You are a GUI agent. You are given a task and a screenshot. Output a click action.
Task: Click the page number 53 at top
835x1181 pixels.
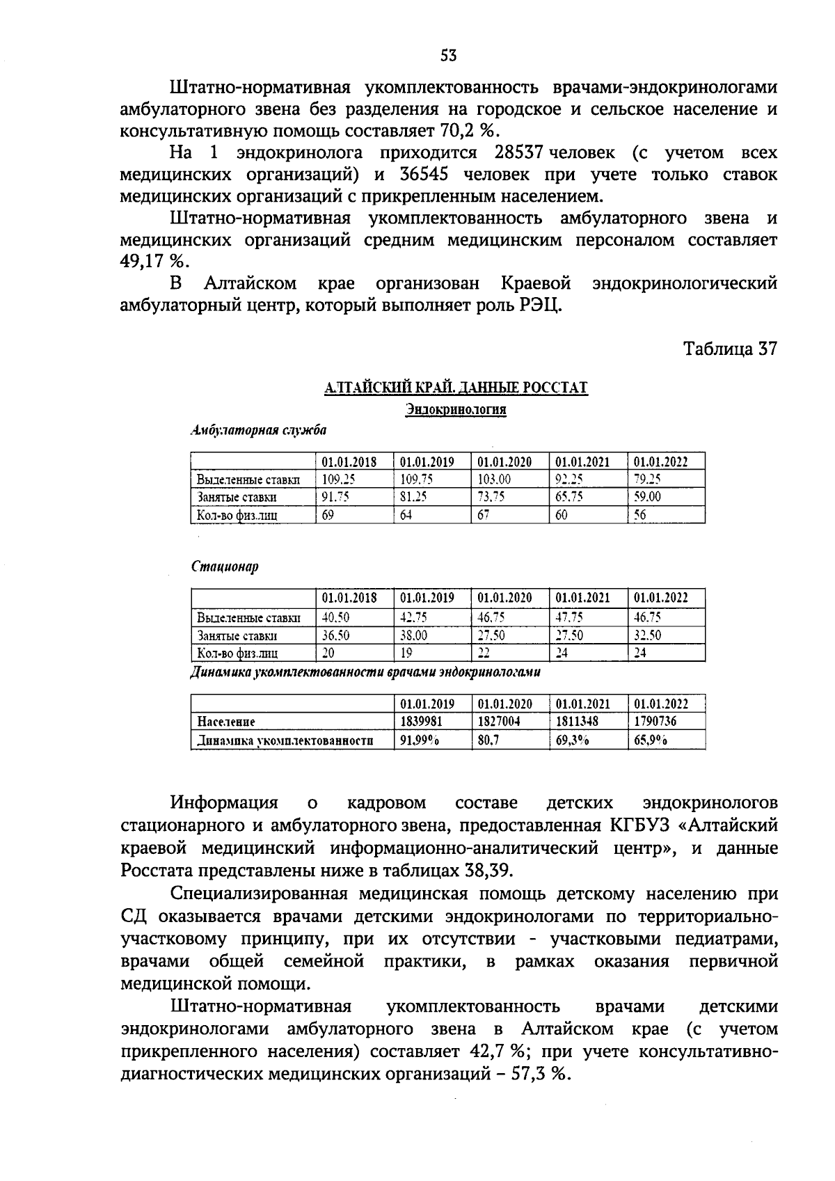coord(448,56)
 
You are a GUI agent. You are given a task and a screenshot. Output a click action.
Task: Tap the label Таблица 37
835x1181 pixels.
coord(730,349)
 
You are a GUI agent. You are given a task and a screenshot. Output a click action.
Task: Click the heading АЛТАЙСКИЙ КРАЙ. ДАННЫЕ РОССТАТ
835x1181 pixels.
coord(456,388)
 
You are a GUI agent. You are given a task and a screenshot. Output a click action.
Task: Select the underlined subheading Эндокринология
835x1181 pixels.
coord(456,409)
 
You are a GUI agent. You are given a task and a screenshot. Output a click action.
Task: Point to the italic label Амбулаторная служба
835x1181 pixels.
coord(259,430)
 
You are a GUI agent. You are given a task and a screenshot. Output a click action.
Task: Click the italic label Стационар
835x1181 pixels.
coord(225,566)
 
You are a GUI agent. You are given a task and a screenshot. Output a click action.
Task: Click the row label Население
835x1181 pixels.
coord(226,722)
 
